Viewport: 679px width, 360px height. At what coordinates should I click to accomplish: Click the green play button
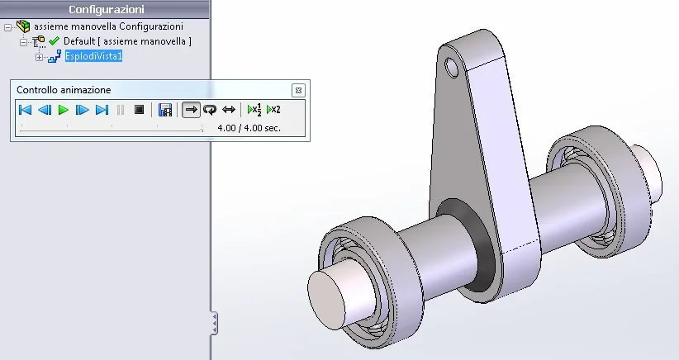[64, 110]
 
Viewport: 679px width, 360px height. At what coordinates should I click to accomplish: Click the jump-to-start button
[26, 110]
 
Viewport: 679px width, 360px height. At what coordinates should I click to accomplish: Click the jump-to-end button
[102, 110]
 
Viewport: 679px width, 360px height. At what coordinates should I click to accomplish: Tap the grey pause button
[121, 110]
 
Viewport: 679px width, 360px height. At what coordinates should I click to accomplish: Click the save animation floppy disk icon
[165, 110]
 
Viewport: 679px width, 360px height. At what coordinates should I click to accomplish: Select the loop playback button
[210, 110]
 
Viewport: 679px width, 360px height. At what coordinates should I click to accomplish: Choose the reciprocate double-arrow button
[229, 110]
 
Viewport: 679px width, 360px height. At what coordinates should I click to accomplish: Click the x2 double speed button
[273, 110]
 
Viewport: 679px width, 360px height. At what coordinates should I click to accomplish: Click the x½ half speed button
[254, 110]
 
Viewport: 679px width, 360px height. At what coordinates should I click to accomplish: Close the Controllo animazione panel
[298, 91]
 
